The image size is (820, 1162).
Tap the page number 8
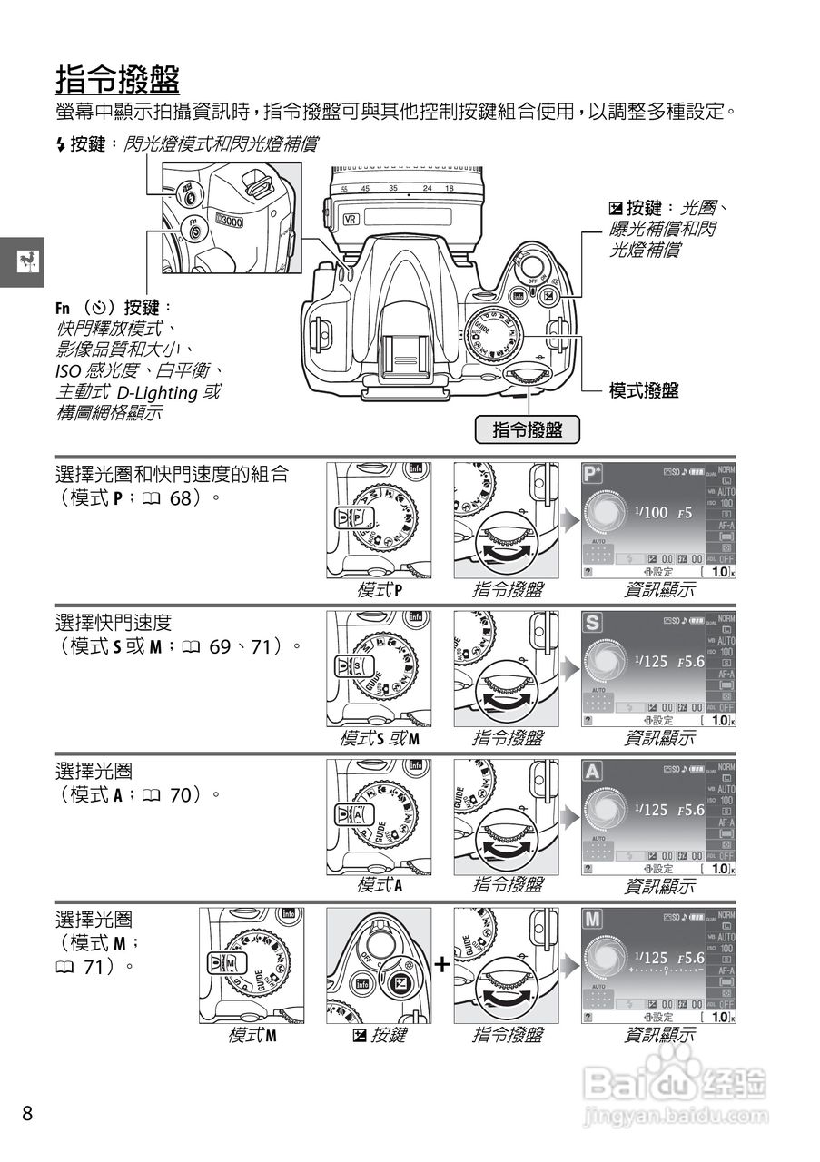[27, 1113]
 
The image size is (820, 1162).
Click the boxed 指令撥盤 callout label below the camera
[528, 430]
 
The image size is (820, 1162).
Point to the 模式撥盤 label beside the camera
[644, 390]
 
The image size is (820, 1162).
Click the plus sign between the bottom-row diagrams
[441, 964]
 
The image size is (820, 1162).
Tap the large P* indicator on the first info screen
[593, 474]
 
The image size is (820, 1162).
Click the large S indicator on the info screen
[592, 623]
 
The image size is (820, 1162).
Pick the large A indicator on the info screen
[592, 772]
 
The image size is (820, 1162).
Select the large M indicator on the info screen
[592, 919]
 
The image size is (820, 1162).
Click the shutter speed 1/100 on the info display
[650, 512]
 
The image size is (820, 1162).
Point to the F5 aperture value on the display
[685, 512]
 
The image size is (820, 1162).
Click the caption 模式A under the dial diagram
[380, 885]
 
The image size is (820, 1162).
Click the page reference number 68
[179, 498]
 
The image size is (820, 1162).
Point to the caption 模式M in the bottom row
[252, 1034]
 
